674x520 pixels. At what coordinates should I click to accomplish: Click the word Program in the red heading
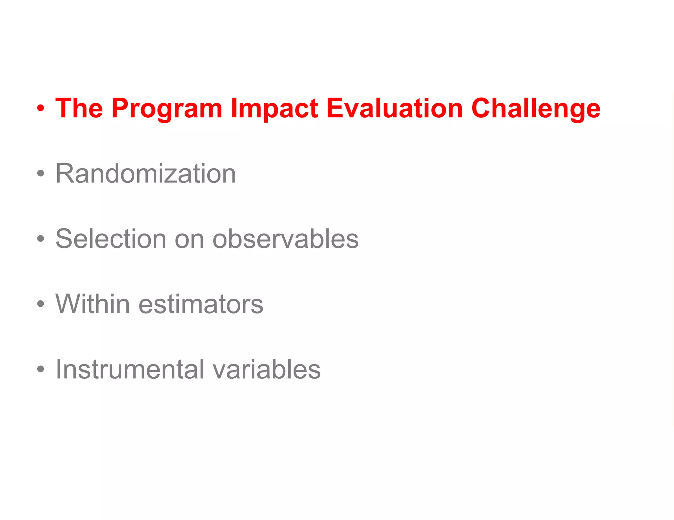(167, 108)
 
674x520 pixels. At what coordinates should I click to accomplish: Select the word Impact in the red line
(274, 108)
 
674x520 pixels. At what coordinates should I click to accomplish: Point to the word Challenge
(536, 108)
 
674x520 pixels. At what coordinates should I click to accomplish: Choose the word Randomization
(145, 174)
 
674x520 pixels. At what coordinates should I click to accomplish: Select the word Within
(92, 304)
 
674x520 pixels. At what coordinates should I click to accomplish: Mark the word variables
(267, 369)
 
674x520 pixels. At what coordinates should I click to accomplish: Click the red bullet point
(40, 108)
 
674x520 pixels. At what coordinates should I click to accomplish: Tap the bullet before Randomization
(40, 174)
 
